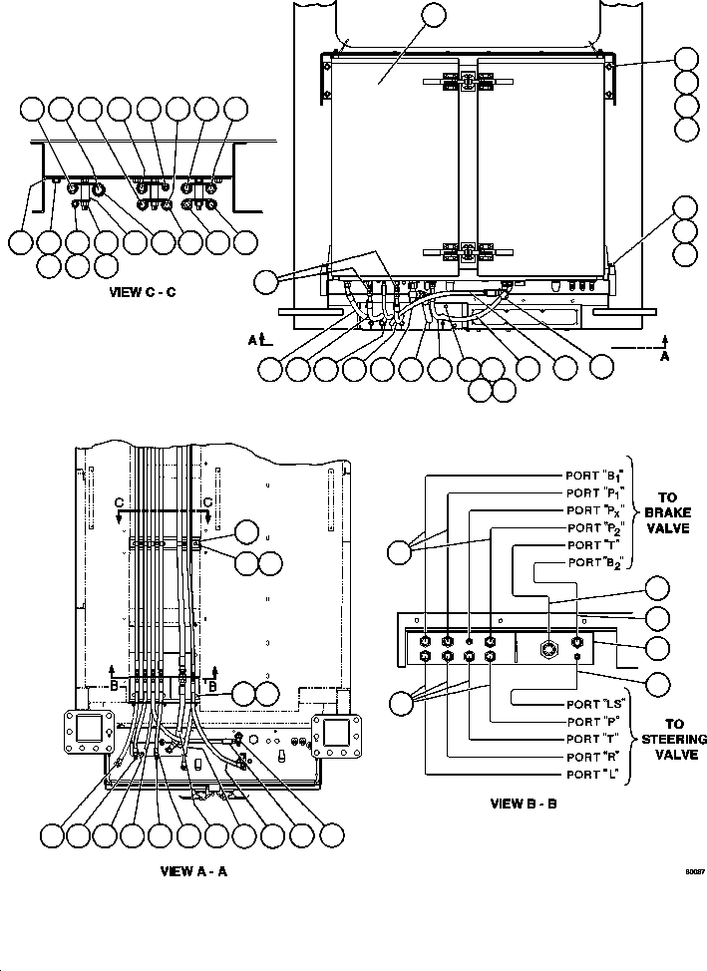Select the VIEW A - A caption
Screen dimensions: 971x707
tap(194, 870)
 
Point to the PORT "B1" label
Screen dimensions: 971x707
tap(595, 476)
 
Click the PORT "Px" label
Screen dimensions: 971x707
tap(595, 509)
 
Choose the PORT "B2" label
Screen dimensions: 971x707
tap(598, 563)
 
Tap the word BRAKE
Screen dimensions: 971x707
tap(667, 510)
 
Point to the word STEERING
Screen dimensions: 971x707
tap(674, 740)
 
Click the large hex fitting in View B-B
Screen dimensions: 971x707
tap(547, 648)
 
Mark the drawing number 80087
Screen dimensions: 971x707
tap(694, 870)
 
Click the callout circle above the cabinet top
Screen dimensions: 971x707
tap(433, 16)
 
